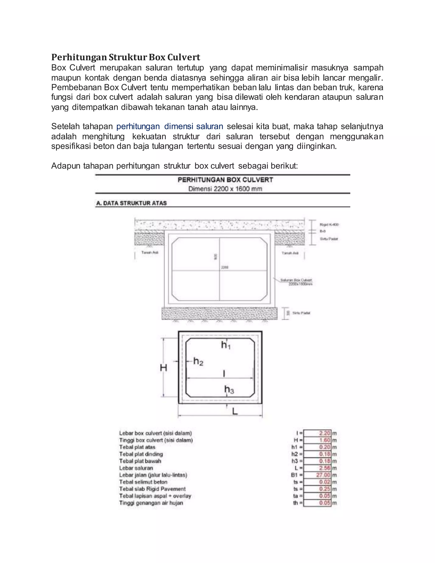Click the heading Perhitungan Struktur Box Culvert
click(126, 57)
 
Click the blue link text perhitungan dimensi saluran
click(169, 126)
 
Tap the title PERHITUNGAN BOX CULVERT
click(225, 180)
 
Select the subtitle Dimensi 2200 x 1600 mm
click(225, 189)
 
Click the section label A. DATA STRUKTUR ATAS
click(131, 203)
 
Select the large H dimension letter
click(164, 368)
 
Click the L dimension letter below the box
click(235, 412)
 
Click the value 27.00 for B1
click(323, 475)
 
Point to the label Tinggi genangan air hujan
click(151, 503)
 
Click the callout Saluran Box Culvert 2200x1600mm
click(296, 282)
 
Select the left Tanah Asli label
click(150, 253)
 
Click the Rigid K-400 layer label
click(329, 225)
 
